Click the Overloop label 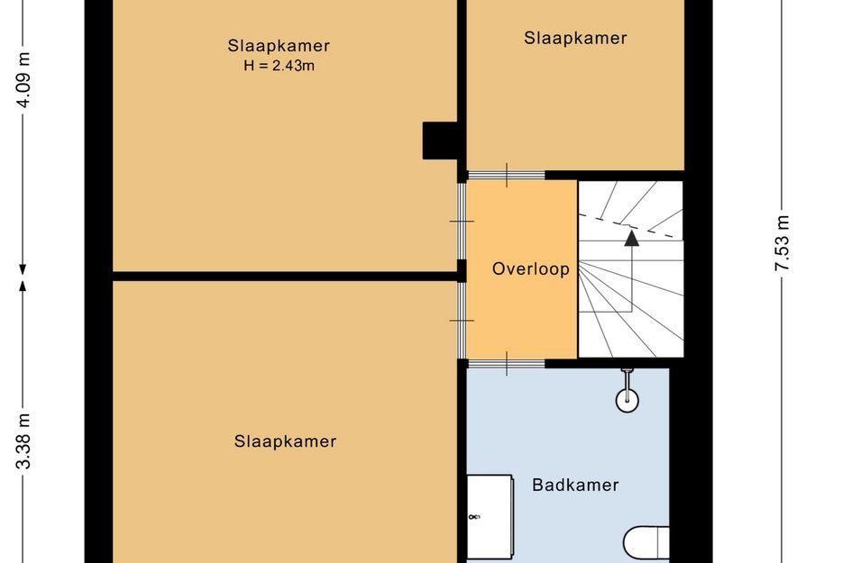pyautogui.click(x=530, y=268)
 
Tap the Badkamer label pyautogui.click(x=575, y=485)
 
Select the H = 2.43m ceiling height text pyautogui.click(x=279, y=66)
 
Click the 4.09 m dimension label pyautogui.click(x=24, y=80)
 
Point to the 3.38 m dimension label pyautogui.click(x=24, y=440)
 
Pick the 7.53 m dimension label pyautogui.click(x=783, y=243)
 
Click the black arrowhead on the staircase pyautogui.click(x=631, y=238)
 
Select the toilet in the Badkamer pyautogui.click(x=646, y=542)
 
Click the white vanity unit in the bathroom pyautogui.click(x=490, y=516)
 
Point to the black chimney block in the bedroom pyautogui.click(x=441, y=141)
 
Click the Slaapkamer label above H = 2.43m pyautogui.click(x=279, y=46)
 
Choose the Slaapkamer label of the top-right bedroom pyautogui.click(x=575, y=38)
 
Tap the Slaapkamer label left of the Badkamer pyautogui.click(x=285, y=441)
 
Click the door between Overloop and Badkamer pyautogui.click(x=507, y=364)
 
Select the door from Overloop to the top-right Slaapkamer pyautogui.click(x=507, y=175)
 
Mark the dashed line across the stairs pyautogui.click(x=630, y=226)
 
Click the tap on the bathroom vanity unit pyautogui.click(x=474, y=517)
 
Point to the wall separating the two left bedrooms pyautogui.click(x=286, y=276)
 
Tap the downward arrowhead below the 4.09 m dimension pyautogui.click(x=23, y=269)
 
